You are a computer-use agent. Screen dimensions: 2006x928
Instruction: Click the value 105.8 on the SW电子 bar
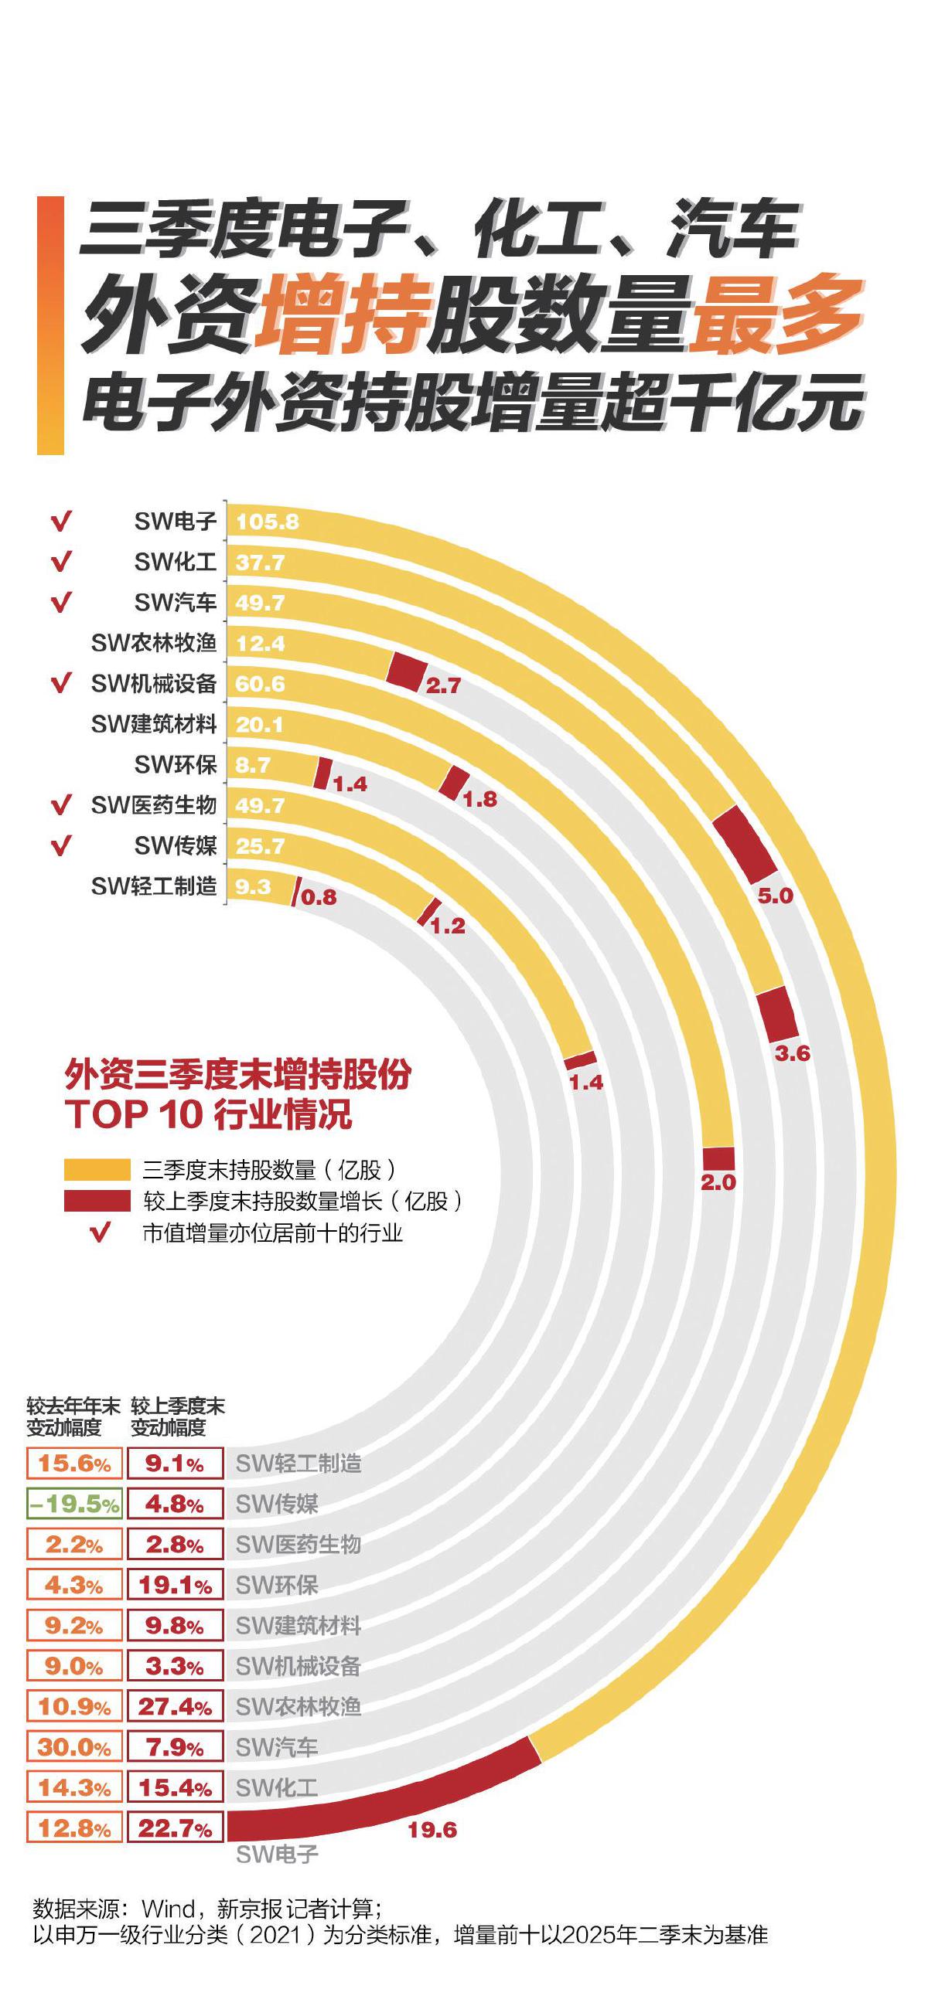click(x=268, y=522)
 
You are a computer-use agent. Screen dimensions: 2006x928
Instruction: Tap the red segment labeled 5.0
click(x=745, y=844)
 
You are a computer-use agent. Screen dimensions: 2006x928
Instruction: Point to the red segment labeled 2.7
click(x=405, y=671)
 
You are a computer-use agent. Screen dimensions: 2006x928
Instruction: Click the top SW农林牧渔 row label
click(x=153, y=643)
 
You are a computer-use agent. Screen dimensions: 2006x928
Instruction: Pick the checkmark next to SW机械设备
click(x=61, y=684)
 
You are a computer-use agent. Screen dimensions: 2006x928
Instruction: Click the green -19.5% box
click(x=74, y=1504)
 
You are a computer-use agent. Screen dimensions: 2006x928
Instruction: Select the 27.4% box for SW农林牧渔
click(x=176, y=1707)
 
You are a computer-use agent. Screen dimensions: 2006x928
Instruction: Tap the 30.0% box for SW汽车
click(x=74, y=1747)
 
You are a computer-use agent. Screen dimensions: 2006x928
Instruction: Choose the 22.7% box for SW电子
click(x=176, y=1828)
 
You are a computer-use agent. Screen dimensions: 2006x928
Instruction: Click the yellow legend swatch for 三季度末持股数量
click(x=97, y=1170)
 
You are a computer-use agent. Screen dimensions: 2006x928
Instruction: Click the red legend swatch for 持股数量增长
click(x=97, y=1201)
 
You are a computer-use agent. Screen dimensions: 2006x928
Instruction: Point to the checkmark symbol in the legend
click(x=100, y=1232)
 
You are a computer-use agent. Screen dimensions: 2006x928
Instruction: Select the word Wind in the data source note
click(x=169, y=1909)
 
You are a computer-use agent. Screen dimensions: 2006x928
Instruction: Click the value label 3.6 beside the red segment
click(x=792, y=1052)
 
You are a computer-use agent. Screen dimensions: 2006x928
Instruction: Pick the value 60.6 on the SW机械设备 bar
click(x=261, y=684)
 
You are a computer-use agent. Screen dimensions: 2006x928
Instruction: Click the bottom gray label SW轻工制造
click(x=299, y=1464)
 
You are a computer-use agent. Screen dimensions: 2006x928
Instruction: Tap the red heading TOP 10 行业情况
click(x=209, y=1114)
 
